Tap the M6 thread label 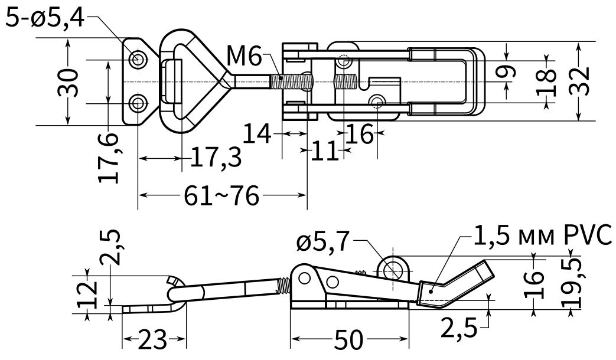click(243, 58)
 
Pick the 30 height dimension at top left click(69, 82)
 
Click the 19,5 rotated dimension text click(569, 281)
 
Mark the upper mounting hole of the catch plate click(139, 60)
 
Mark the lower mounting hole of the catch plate click(139, 104)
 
